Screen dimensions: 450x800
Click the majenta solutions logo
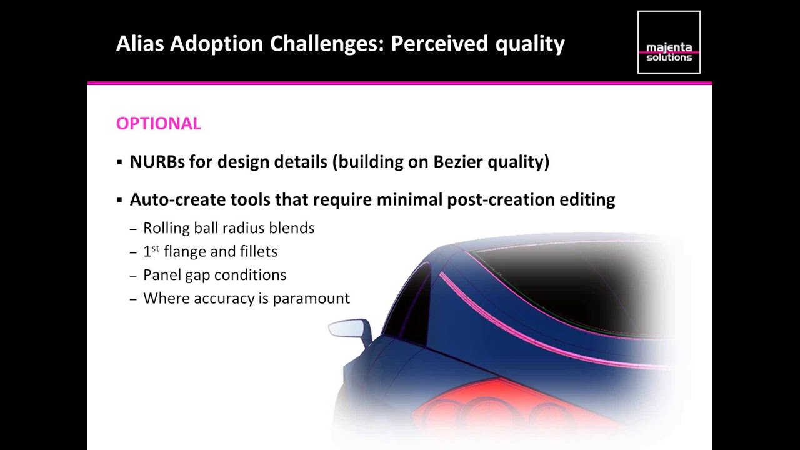[x=669, y=42]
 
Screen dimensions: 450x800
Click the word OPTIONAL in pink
[x=158, y=124]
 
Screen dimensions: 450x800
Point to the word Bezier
[x=457, y=162]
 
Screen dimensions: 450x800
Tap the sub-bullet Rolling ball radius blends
[x=229, y=228]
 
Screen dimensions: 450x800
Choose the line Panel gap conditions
[x=214, y=275]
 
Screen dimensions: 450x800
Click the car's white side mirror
[x=349, y=329]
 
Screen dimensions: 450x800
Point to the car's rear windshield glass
[x=562, y=281]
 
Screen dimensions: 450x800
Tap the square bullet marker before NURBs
[x=119, y=162]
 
